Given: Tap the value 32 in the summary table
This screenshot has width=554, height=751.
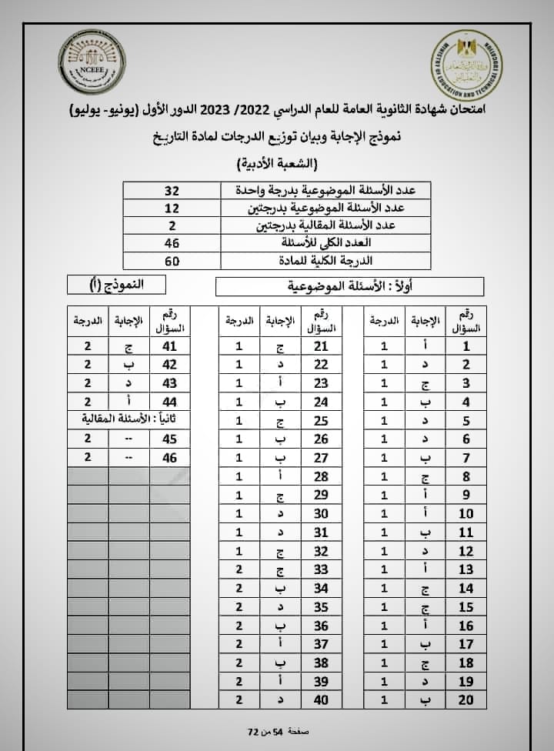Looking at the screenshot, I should click(172, 190).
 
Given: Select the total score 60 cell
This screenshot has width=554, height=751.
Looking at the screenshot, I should click(172, 261).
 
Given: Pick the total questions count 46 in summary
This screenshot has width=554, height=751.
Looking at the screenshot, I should click(172, 243).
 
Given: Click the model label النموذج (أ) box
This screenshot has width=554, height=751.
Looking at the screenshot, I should click(116, 285).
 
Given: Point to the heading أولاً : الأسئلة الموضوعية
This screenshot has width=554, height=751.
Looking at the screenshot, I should click(349, 287).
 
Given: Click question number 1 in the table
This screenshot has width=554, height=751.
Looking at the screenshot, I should click(466, 346).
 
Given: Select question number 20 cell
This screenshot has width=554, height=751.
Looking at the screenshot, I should click(466, 699).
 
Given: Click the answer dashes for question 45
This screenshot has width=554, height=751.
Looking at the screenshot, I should click(128, 439).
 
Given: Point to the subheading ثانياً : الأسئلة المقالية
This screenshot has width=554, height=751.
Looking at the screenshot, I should click(128, 419).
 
